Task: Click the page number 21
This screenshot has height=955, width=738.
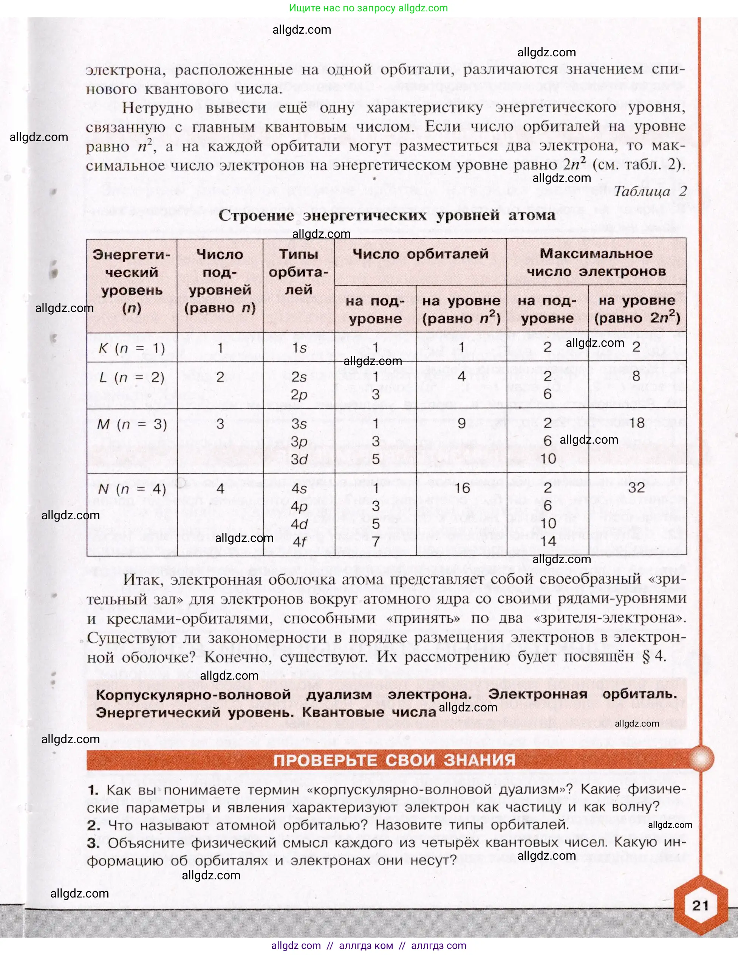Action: pyautogui.click(x=700, y=905)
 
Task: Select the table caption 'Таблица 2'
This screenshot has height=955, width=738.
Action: pyautogui.click(x=650, y=191)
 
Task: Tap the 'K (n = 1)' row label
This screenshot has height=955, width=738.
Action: pyautogui.click(x=132, y=348)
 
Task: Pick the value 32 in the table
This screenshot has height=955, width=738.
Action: pyautogui.click(x=636, y=488)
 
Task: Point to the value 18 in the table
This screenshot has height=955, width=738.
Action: pyautogui.click(x=637, y=423)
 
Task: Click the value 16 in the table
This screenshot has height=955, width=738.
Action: pyautogui.click(x=462, y=488)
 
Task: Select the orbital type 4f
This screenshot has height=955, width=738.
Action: pyautogui.click(x=299, y=542)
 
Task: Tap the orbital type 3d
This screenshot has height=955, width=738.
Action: pyautogui.click(x=299, y=459)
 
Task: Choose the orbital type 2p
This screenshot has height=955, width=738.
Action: pyautogui.click(x=299, y=394)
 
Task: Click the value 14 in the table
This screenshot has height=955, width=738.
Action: pyautogui.click(x=548, y=541)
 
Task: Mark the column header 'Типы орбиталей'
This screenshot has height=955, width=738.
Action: pyautogui.click(x=299, y=272)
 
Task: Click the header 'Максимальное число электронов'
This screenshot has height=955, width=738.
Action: pyautogui.click(x=596, y=262)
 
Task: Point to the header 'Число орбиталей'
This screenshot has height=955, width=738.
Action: pyautogui.click(x=420, y=254)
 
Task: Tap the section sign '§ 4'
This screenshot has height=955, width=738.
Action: pyautogui.click(x=654, y=656)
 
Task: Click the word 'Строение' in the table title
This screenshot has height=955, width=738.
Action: pyautogui.click(x=256, y=215)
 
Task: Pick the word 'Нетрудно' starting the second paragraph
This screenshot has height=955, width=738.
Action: pyautogui.click(x=157, y=107)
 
